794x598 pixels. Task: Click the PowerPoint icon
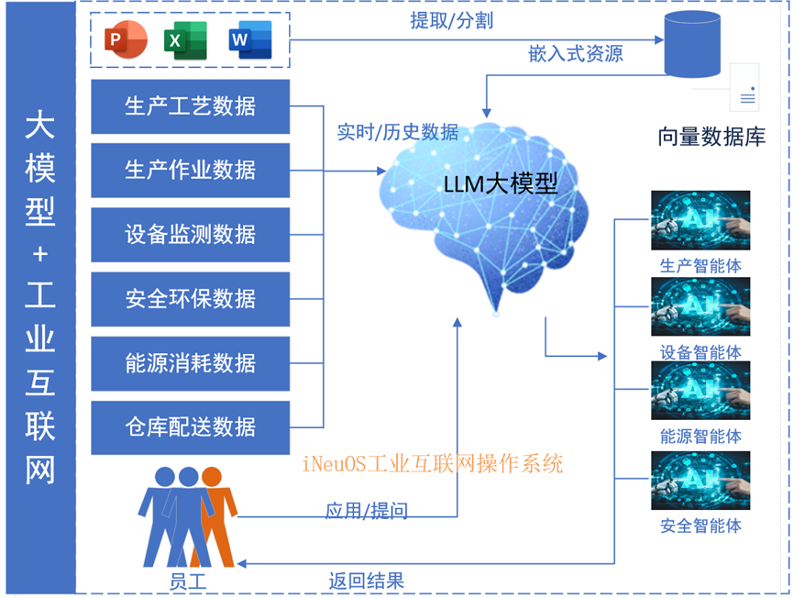pos(126,40)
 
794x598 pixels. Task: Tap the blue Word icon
pos(249,40)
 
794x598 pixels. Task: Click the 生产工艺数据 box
pos(191,106)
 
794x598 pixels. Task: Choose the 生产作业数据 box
pos(191,170)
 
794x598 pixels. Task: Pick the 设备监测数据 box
pos(191,235)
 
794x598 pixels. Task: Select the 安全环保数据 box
pos(191,298)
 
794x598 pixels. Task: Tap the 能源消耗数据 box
pos(191,363)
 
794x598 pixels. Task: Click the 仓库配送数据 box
pos(191,427)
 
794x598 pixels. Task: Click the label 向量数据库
pos(711,138)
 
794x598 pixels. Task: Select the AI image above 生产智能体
pos(700,220)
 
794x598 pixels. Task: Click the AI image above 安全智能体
pos(700,481)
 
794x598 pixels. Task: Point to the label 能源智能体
pos(700,437)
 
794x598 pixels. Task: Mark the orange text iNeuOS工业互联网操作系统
pos(432,463)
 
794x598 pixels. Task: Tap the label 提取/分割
pos(451,20)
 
